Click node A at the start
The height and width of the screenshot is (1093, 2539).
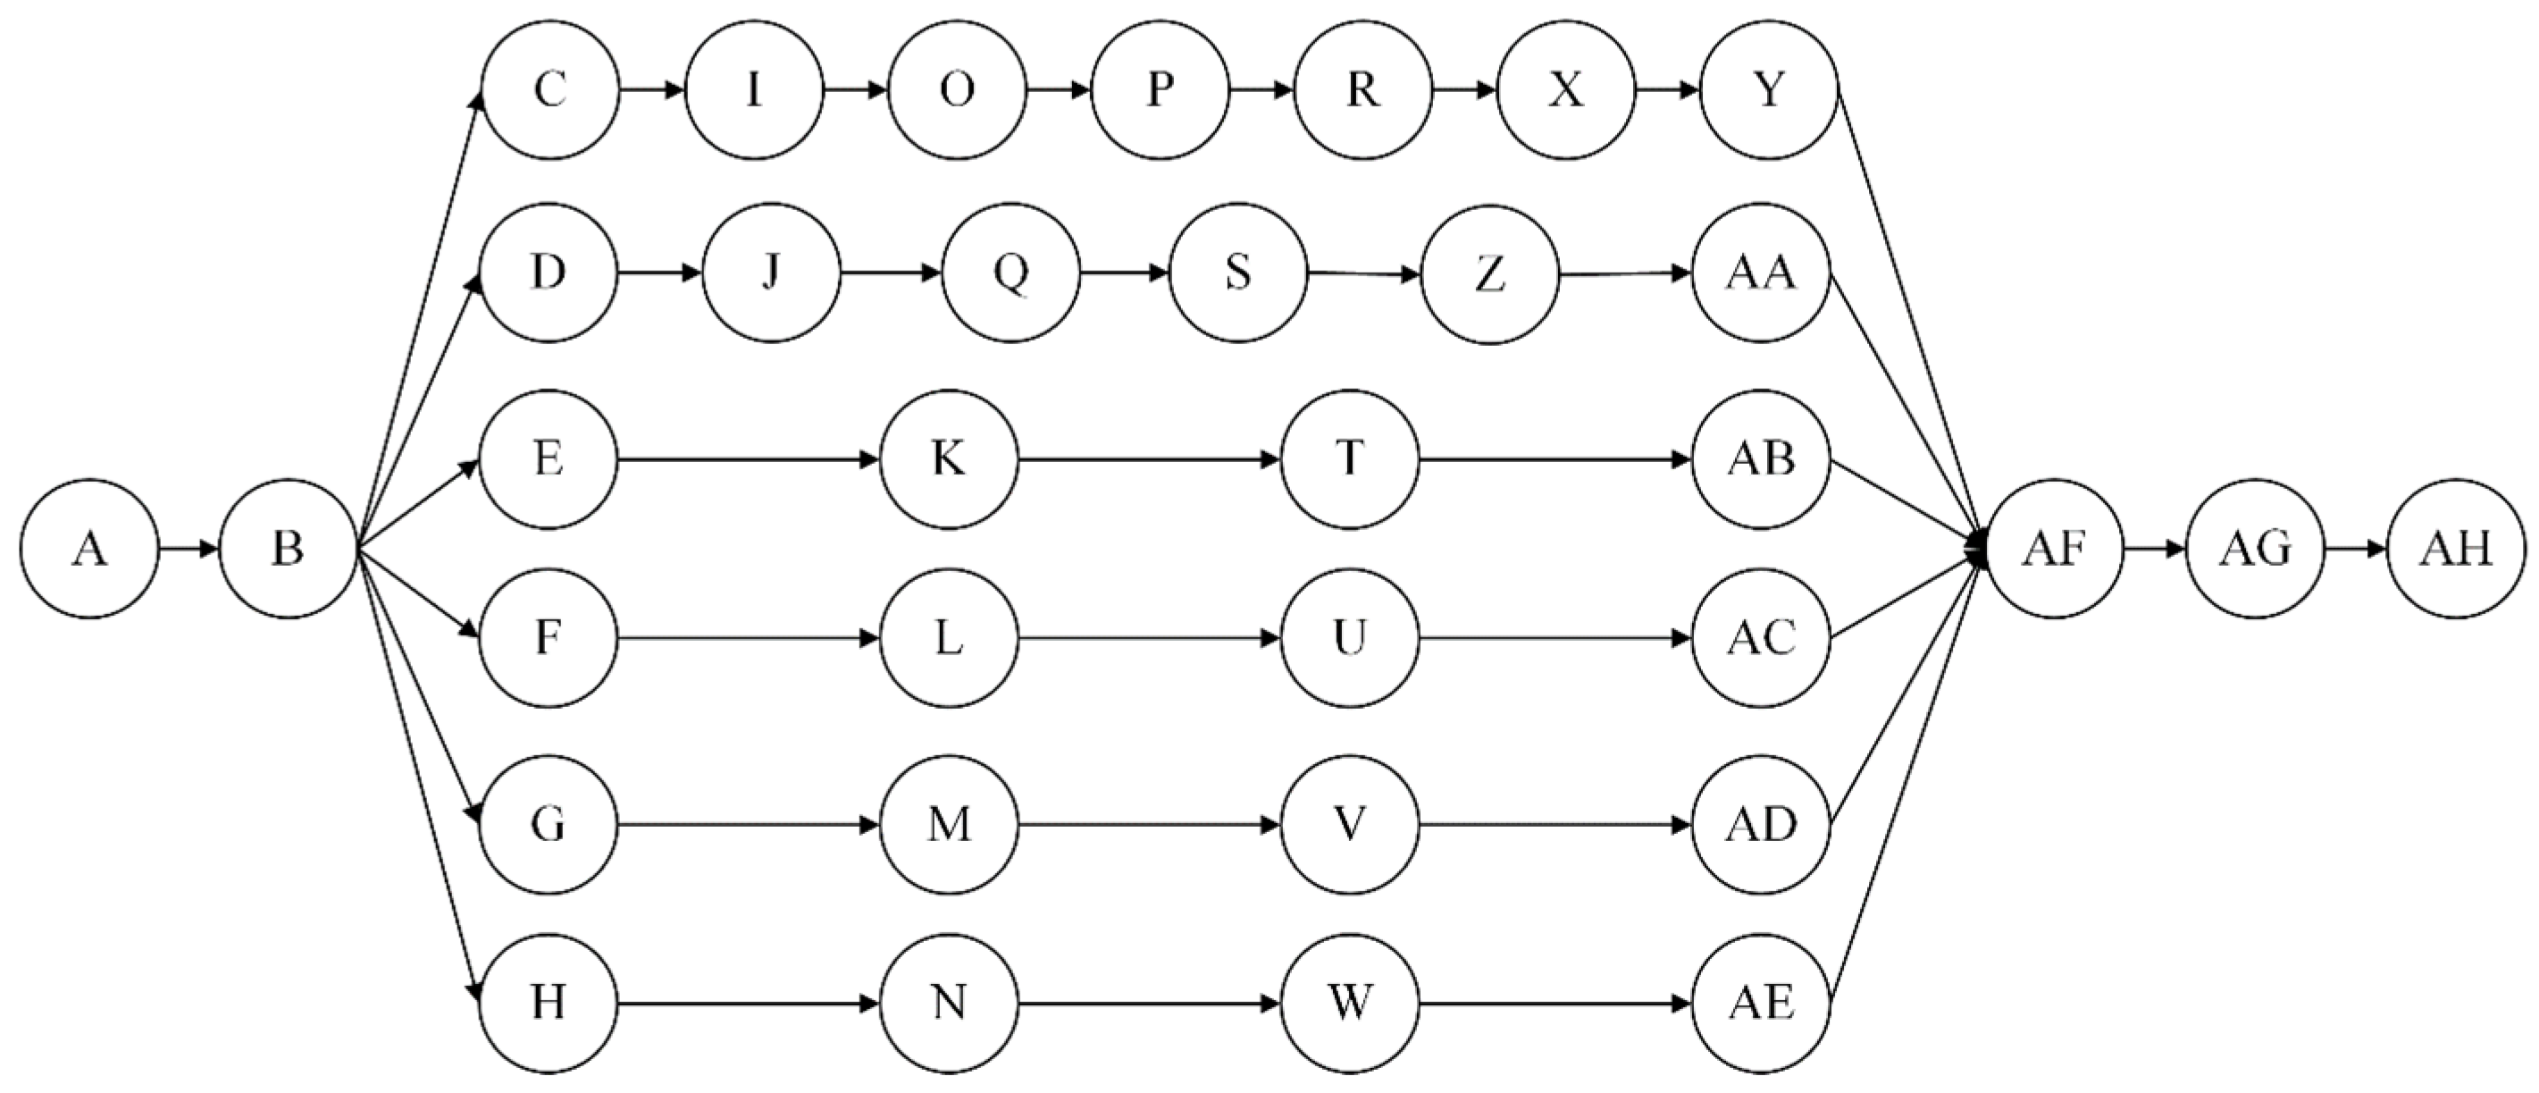88,548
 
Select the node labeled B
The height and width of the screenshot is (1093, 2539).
287,548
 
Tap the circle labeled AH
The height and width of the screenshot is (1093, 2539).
2455,548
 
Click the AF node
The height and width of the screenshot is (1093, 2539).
2054,548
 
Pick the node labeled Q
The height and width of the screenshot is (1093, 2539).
1010,272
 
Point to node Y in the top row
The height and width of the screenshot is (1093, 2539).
1769,89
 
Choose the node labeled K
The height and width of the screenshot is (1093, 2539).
948,459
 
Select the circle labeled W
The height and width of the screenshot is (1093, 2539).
1349,1004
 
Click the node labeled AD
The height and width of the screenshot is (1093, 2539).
1762,824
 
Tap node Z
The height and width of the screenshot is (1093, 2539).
1489,274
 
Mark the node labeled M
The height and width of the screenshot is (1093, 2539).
948,824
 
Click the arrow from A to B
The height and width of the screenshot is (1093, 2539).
188,548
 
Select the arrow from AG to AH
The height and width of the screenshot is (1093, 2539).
2355,548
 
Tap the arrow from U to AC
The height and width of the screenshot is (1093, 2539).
1554,639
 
